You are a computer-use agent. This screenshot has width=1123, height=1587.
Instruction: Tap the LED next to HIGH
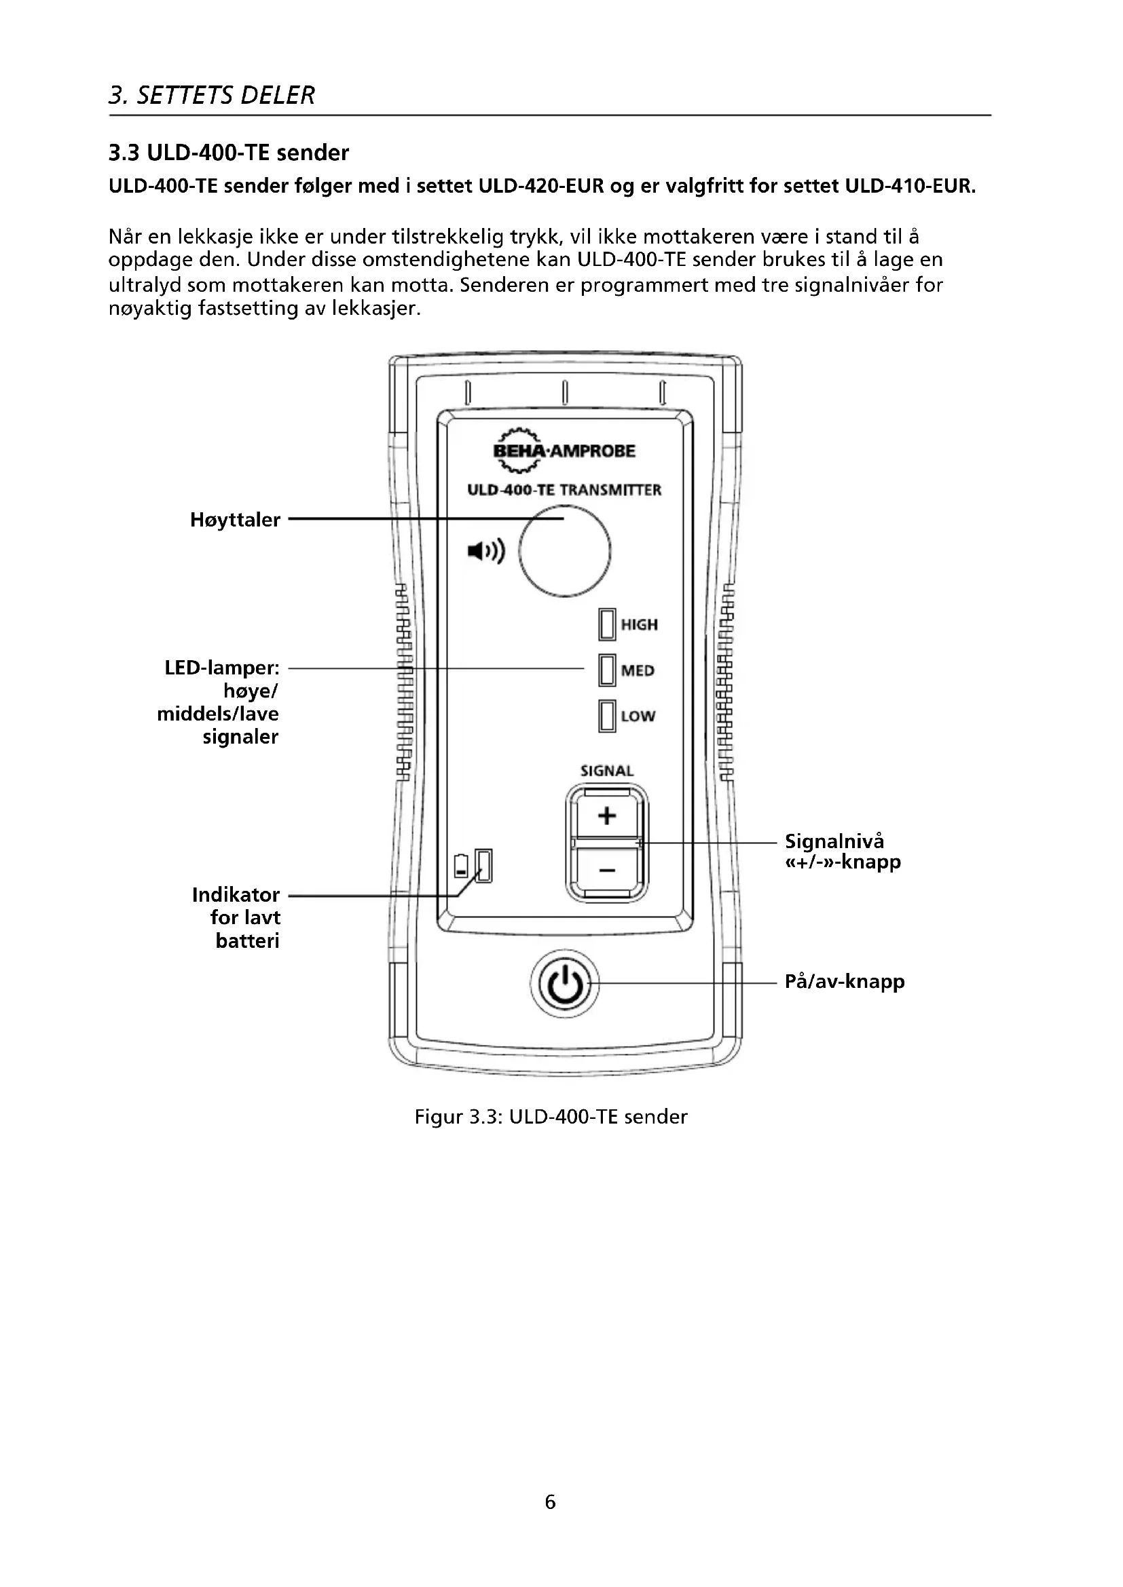[x=607, y=624]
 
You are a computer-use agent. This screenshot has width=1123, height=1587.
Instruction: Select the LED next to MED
[x=607, y=670]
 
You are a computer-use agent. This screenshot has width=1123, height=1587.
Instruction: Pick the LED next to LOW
[x=607, y=715]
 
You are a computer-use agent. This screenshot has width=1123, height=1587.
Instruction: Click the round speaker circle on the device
[x=564, y=551]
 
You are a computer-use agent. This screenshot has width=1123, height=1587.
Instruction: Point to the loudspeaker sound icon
[x=486, y=551]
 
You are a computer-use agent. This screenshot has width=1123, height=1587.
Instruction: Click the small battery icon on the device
[x=461, y=866]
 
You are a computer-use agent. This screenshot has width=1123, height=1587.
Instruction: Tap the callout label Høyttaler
[x=235, y=520]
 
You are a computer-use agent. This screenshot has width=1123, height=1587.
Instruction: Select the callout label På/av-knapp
[x=845, y=982]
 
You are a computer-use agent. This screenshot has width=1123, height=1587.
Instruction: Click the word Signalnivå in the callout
[x=834, y=841]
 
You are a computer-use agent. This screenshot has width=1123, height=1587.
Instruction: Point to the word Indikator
[x=236, y=894]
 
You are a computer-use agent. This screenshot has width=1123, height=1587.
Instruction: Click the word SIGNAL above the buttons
[x=606, y=771]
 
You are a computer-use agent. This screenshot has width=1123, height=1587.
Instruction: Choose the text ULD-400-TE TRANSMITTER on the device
[x=564, y=490]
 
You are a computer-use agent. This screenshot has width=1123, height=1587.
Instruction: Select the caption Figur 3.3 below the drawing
[x=551, y=1117]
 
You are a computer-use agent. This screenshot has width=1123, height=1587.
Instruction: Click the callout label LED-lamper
[x=222, y=668]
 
